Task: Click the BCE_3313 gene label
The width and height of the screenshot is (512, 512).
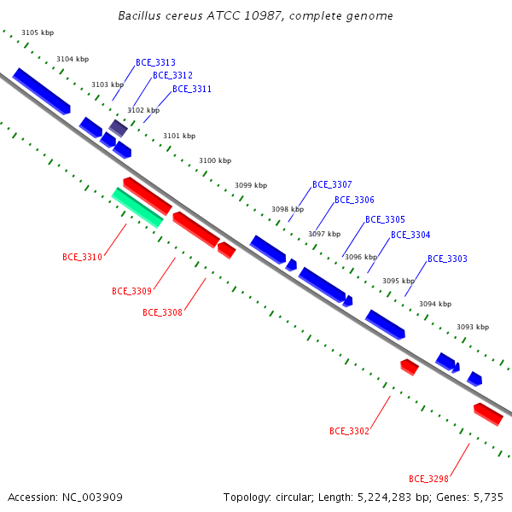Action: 155,62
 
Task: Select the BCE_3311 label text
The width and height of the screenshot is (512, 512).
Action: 192,89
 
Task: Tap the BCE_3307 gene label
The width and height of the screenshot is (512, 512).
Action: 332,185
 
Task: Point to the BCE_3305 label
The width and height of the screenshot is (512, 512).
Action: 385,219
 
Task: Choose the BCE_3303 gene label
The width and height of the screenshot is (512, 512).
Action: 447,259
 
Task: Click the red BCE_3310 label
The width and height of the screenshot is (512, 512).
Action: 82,258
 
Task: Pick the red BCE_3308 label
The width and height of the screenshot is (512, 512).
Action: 162,313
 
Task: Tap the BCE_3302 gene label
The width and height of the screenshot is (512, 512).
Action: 349,431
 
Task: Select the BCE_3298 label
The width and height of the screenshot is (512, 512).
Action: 428,479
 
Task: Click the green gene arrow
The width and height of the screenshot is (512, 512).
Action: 137,207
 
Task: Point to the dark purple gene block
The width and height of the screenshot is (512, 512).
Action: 119,128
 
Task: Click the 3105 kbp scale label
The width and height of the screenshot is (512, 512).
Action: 38,32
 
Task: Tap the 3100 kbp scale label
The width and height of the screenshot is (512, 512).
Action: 215,160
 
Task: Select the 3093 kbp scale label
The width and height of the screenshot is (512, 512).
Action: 473,327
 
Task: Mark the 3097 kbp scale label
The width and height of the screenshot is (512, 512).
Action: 324,234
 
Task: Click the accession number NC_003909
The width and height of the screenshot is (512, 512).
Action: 92,497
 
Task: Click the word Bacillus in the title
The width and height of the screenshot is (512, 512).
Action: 139,15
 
